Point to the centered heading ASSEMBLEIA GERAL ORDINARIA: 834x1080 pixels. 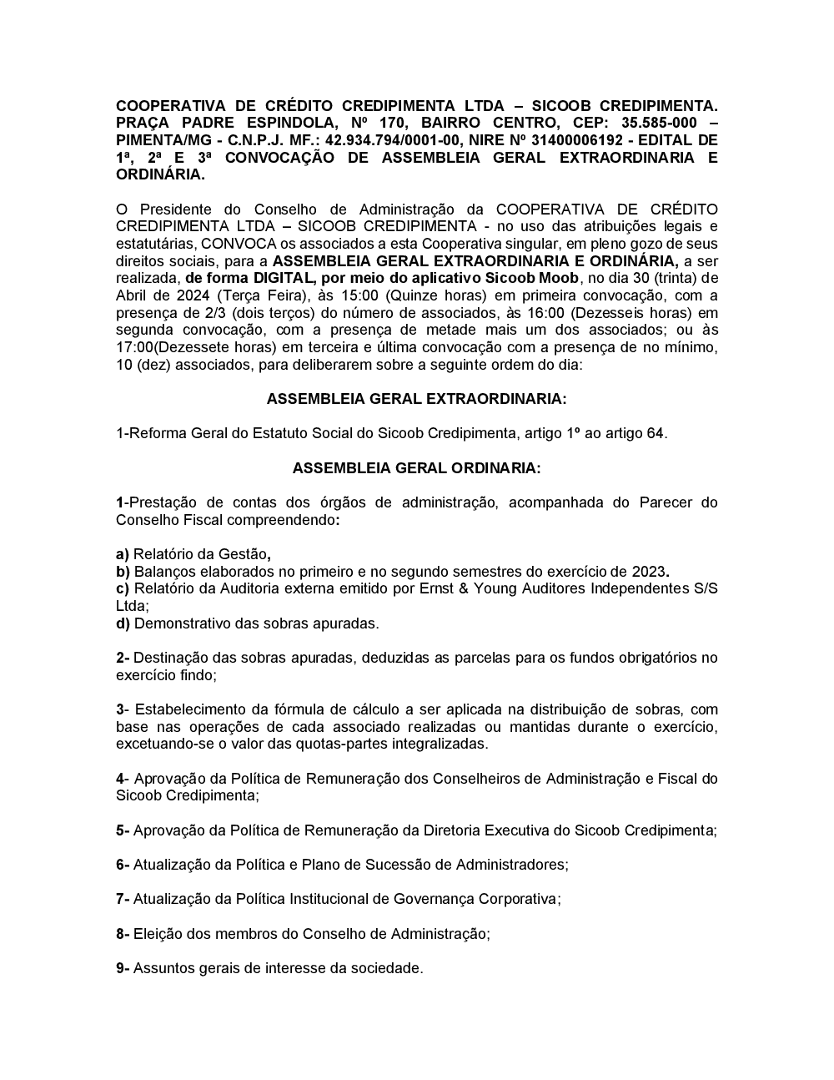coord(416,468)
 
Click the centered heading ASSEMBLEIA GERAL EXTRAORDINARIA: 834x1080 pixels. coord(416,399)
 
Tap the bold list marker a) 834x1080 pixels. coord(123,554)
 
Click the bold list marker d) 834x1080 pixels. coord(123,623)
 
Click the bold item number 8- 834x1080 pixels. coord(123,934)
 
